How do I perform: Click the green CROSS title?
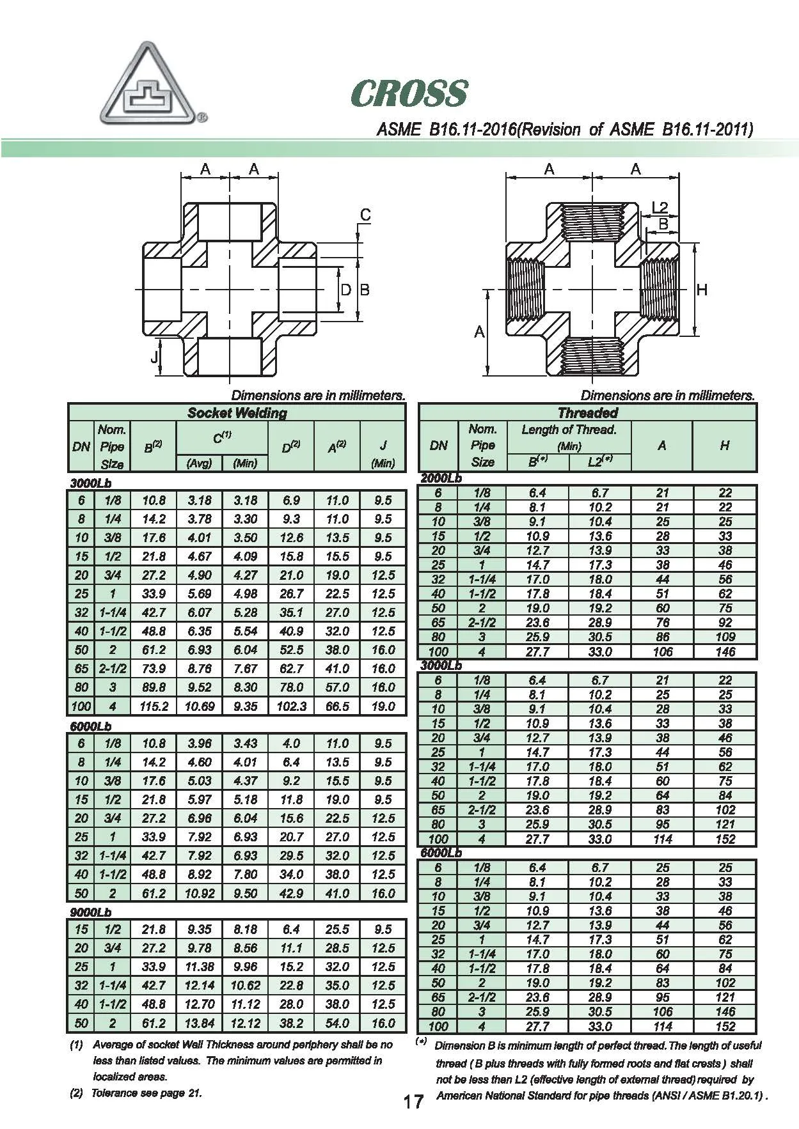click(409, 93)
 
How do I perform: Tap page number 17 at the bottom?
click(413, 1101)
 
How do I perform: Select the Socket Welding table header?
click(237, 412)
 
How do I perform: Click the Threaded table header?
click(588, 412)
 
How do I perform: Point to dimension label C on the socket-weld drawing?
click(365, 215)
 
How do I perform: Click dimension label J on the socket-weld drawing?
click(154, 357)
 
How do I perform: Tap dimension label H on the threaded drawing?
click(702, 290)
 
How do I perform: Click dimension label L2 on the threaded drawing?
click(660, 206)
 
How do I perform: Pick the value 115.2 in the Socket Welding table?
click(154, 706)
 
